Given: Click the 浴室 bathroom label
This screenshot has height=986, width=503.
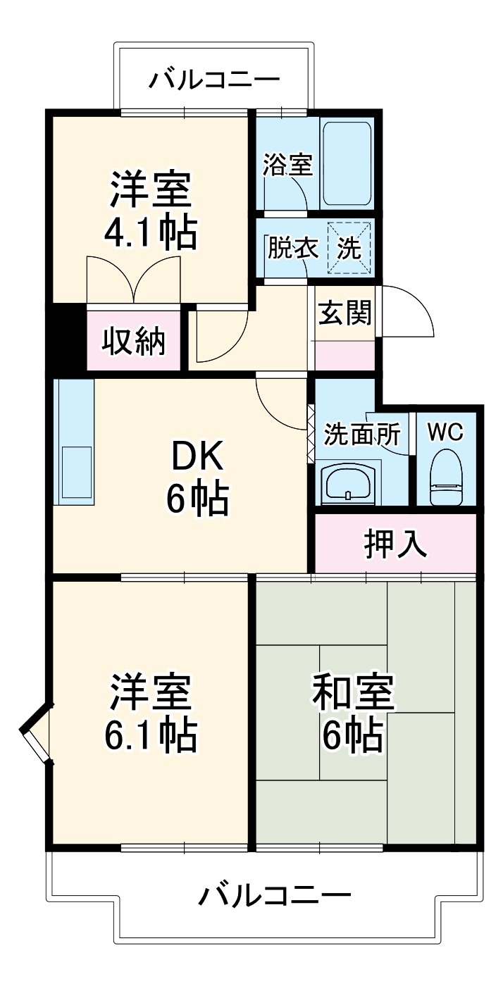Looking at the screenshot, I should click(287, 166).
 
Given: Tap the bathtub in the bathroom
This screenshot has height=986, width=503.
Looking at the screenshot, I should click(347, 163).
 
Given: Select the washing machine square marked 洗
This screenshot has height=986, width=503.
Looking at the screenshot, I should click(350, 248).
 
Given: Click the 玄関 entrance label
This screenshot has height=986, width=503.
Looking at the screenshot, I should click(344, 313).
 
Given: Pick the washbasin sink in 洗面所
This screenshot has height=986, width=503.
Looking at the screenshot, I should click(348, 483).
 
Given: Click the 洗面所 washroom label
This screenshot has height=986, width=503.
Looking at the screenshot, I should click(361, 435).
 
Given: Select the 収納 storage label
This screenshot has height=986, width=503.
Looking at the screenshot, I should click(135, 342).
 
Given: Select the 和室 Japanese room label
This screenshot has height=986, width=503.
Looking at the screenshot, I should click(353, 693).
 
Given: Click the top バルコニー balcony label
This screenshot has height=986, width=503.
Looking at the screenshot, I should click(213, 78).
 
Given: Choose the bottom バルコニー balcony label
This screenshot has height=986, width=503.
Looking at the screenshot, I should click(274, 896).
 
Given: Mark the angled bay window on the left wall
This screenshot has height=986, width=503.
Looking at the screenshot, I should click(36, 733).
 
